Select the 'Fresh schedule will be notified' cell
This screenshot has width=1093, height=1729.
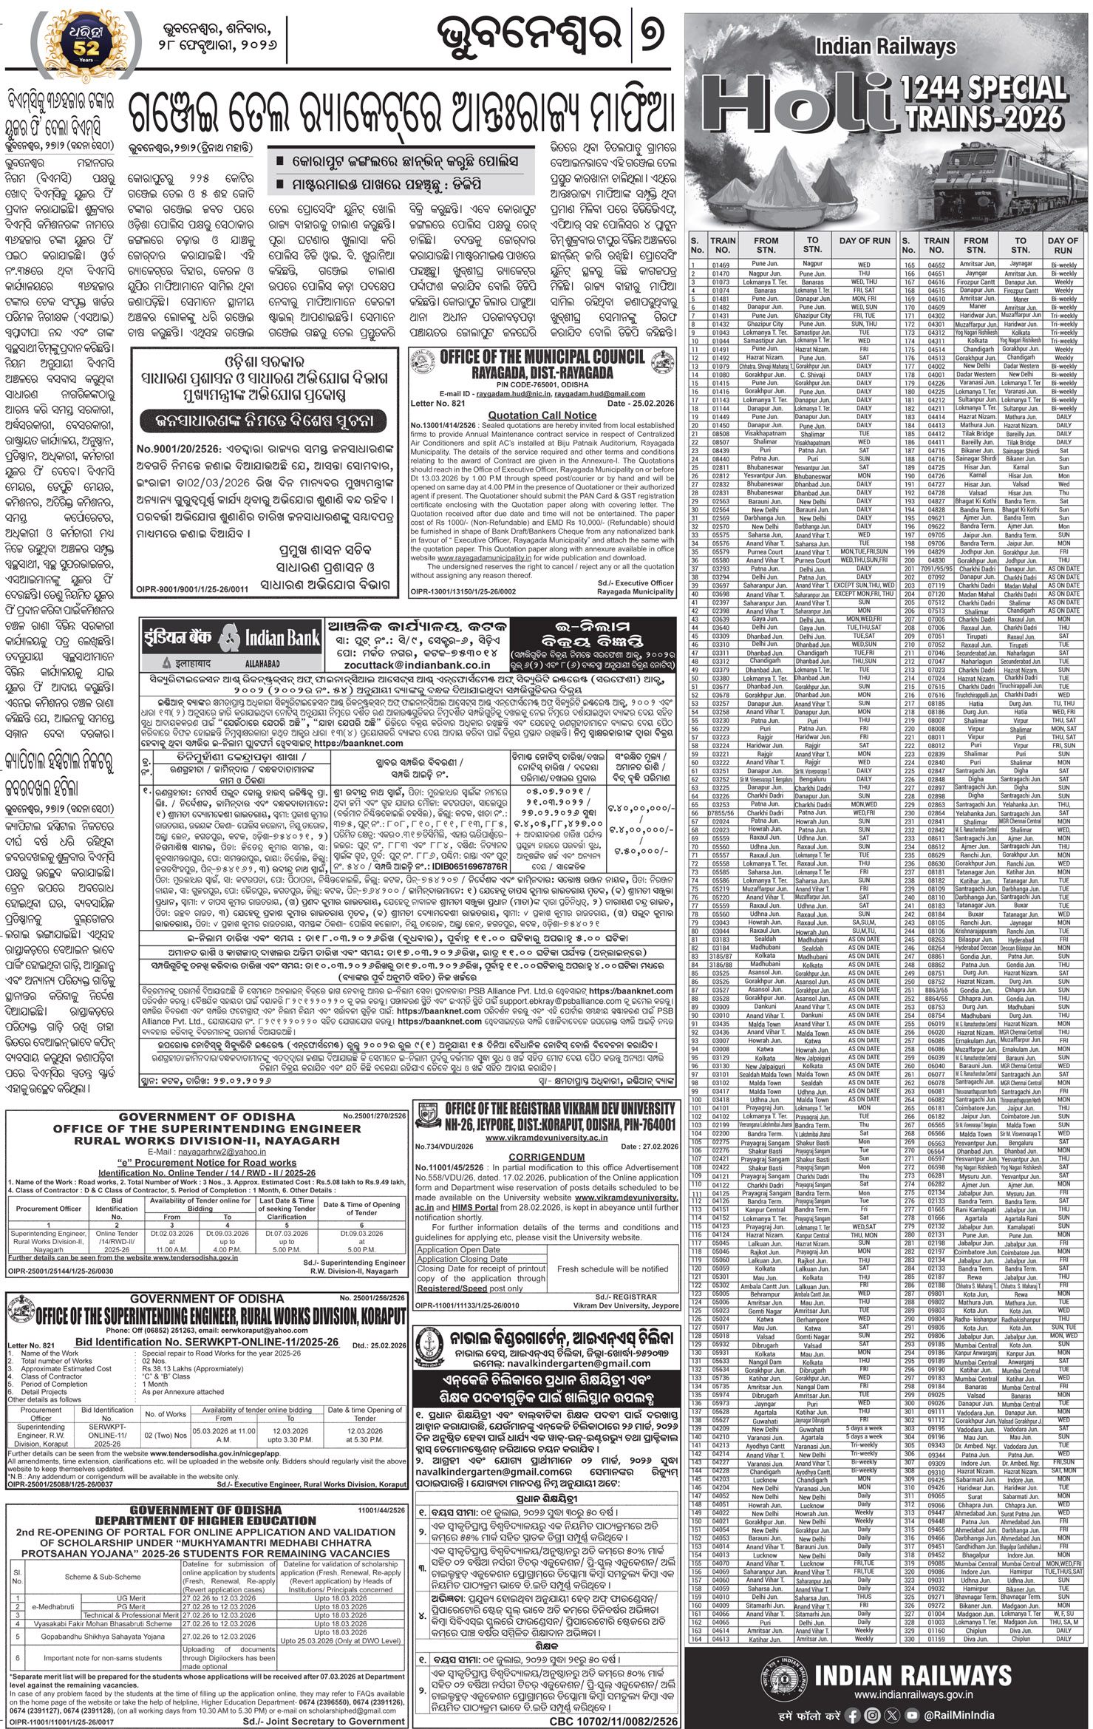click(x=613, y=1268)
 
